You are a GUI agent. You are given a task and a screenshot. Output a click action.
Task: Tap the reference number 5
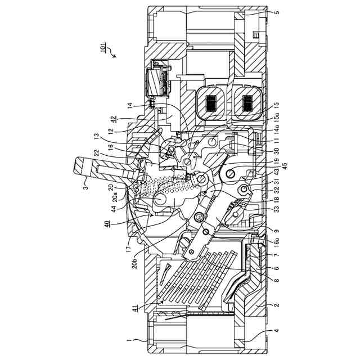[x=276, y=12]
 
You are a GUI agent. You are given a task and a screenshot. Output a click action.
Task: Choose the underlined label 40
[x=107, y=223]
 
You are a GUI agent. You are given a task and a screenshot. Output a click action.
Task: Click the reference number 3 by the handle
[x=85, y=180]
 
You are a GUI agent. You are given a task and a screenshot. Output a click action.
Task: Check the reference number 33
[x=276, y=209]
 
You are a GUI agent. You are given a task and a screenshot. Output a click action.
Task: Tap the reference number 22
[x=112, y=153]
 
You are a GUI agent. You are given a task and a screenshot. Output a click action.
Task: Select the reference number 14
[x=129, y=105]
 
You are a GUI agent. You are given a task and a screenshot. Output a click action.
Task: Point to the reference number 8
[x=276, y=280]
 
